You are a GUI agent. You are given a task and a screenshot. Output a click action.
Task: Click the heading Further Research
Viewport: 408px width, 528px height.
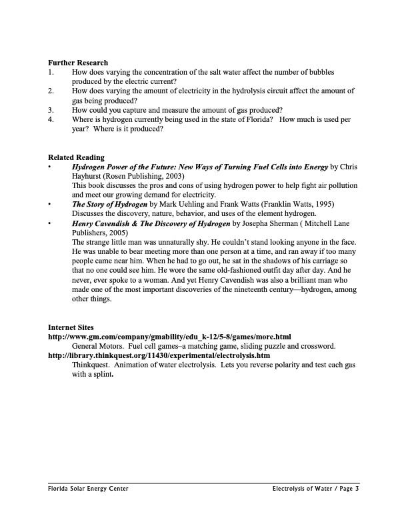pos(78,63)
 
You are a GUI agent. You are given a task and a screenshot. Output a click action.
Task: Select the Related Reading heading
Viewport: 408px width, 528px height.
pos(76,157)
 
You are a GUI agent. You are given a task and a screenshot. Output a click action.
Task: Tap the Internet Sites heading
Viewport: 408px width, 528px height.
pos(71,327)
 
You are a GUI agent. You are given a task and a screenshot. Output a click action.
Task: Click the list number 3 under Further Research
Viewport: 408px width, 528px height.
pos(51,110)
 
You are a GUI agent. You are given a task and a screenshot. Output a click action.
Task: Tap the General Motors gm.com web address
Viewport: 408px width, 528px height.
pos(170,337)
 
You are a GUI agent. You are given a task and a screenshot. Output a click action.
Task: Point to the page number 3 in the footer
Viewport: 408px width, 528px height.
pos(357,489)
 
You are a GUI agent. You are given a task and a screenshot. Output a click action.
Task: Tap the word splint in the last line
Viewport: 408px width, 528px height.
pos(101,374)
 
